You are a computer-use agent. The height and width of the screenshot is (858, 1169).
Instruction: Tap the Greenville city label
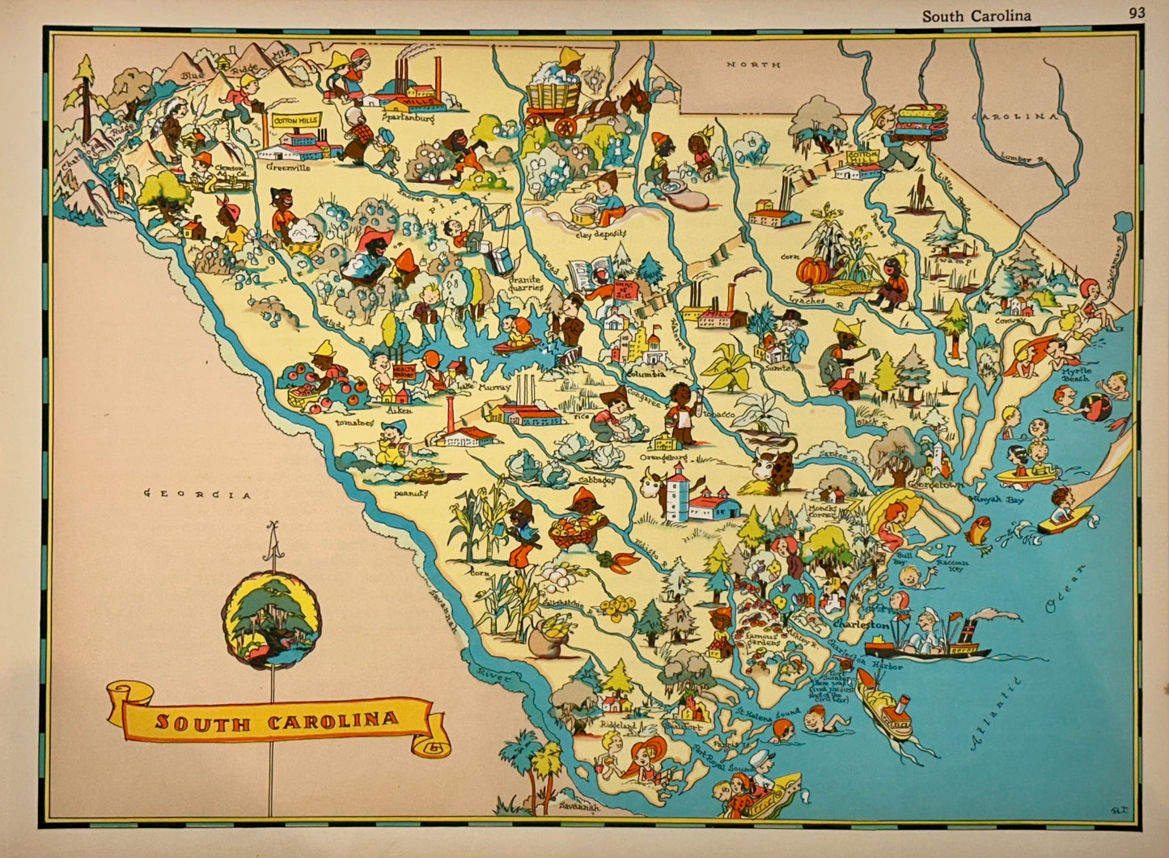coord(288,168)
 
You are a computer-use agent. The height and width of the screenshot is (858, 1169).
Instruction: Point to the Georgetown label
coord(948,485)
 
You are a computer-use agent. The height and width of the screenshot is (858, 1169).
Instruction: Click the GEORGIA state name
coord(197,495)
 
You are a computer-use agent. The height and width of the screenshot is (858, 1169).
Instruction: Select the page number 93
coord(1137,14)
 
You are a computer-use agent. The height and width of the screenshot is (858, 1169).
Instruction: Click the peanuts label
coord(410,492)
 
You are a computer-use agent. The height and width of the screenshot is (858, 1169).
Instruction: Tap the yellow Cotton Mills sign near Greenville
coord(296,121)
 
